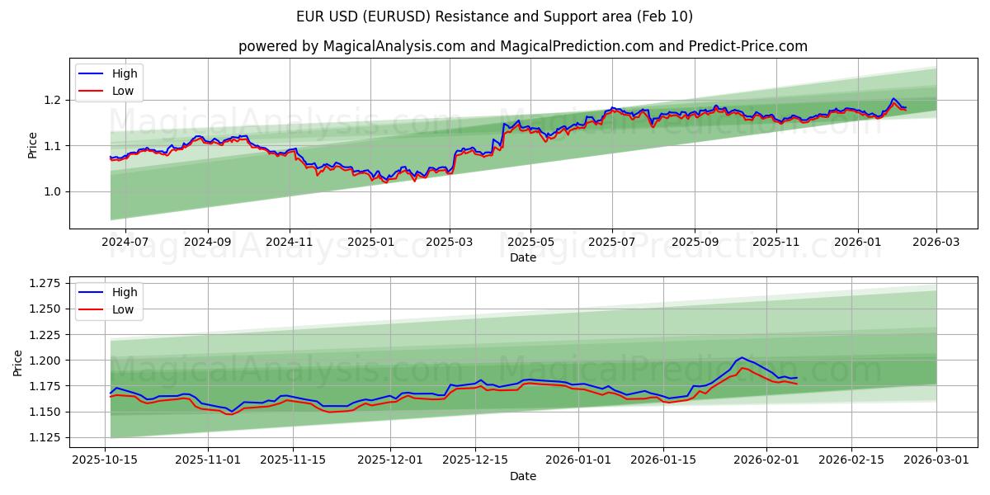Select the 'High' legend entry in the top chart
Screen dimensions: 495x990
[125, 73]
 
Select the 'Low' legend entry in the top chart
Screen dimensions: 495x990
[123, 92]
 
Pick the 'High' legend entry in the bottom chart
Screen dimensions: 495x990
[125, 291]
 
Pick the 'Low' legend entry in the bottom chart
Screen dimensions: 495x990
[123, 309]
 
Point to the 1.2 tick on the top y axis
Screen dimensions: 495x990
[52, 100]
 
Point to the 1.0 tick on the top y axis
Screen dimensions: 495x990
[52, 191]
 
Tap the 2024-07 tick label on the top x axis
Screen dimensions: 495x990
[125, 241]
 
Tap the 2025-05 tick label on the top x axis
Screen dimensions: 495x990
[530, 241]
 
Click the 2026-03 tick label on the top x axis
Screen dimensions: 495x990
[936, 241]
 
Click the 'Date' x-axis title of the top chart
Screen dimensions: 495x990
[523, 257]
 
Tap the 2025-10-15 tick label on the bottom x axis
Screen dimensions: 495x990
[105, 460]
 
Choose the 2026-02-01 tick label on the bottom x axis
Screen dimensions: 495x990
[766, 460]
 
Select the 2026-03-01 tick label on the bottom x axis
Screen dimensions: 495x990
[936, 460]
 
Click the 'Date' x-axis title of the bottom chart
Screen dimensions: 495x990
[523, 476]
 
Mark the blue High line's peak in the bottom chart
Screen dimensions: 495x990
[742, 357]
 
